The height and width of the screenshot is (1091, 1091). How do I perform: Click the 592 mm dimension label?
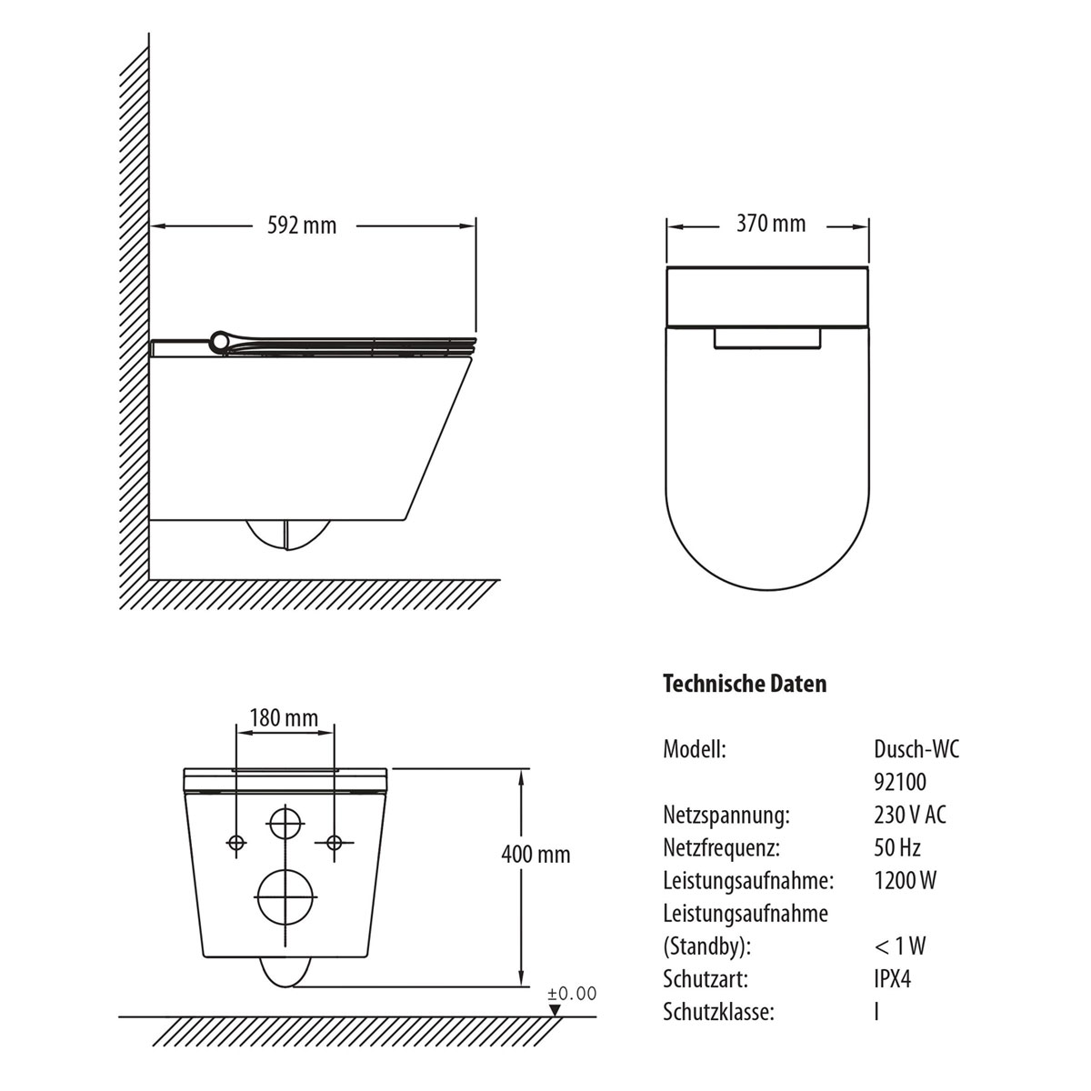(x=302, y=225)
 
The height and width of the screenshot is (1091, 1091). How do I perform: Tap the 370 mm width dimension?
(x=771, y=224)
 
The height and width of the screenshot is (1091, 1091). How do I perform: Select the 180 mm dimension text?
(x=284, y=718)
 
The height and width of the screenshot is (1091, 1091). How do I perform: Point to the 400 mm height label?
(x=535, y=855)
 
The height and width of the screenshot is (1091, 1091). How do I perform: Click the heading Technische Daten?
(x=745, y=684)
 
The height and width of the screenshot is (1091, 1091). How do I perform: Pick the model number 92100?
(x=900, y=782)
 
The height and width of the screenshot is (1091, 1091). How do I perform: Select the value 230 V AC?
(x=910, y=815)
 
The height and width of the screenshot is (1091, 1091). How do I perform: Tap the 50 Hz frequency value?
(x=897, y=847)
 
